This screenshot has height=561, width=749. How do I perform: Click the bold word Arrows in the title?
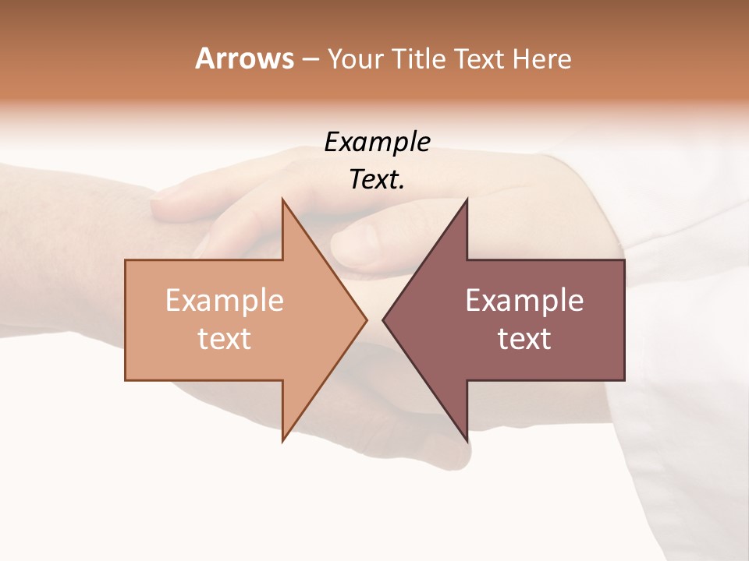(x=244, y=58)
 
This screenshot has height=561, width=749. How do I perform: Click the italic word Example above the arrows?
(x=378, y=142)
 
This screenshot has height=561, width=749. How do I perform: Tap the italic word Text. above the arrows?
(x=378, y=179)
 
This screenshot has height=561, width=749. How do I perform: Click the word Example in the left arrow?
(x=225, y=300)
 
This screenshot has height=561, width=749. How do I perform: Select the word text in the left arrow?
(x=225, y=338)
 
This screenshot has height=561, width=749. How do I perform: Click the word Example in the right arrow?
(x=524, y=300)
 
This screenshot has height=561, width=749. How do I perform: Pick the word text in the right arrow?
(x=524, y=338)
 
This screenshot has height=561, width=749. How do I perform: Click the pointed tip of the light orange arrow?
(x=365, y=319)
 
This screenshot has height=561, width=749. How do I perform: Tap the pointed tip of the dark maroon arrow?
(x=384, y=319)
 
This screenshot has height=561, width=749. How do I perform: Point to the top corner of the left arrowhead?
(x=282, y=201)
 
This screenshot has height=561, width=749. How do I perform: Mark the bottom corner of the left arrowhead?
(x=282, y=439)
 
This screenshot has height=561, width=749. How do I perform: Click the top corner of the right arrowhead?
(x=467, y=201)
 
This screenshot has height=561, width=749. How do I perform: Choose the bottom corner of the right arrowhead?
(x=467, y=439)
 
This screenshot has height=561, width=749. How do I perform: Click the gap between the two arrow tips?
(x=374, y=319)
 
